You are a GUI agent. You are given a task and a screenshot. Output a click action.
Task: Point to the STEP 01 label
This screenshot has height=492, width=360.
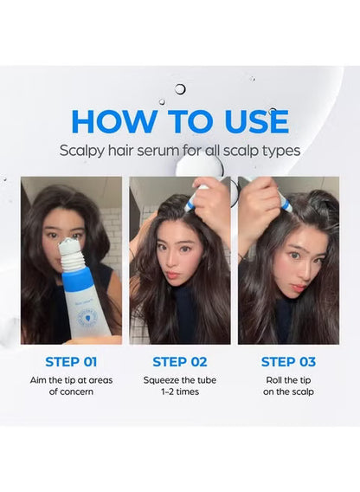(x=71, y=361)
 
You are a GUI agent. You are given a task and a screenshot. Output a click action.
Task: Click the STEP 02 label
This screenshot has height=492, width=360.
(x=180, y=361)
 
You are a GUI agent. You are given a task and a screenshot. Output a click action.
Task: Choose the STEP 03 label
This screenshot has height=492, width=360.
(x=288, y=361)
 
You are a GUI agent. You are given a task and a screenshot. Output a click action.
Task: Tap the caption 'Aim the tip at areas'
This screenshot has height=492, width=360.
(x=71, y=380)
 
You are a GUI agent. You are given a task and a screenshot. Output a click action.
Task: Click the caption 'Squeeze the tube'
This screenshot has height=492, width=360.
(x=180, y=380)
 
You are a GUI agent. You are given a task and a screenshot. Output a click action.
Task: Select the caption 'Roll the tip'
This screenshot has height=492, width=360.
(x=288, y=380)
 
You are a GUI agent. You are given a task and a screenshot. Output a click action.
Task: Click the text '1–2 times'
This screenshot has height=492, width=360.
(x=180, y=393)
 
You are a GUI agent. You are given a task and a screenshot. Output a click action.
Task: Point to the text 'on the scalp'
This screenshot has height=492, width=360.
(x=288, y=393)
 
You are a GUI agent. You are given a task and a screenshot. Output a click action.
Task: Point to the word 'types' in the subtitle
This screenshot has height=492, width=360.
(x=282, y=150)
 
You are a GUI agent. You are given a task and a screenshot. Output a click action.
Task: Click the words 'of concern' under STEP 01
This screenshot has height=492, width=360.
(x=71, y=393)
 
